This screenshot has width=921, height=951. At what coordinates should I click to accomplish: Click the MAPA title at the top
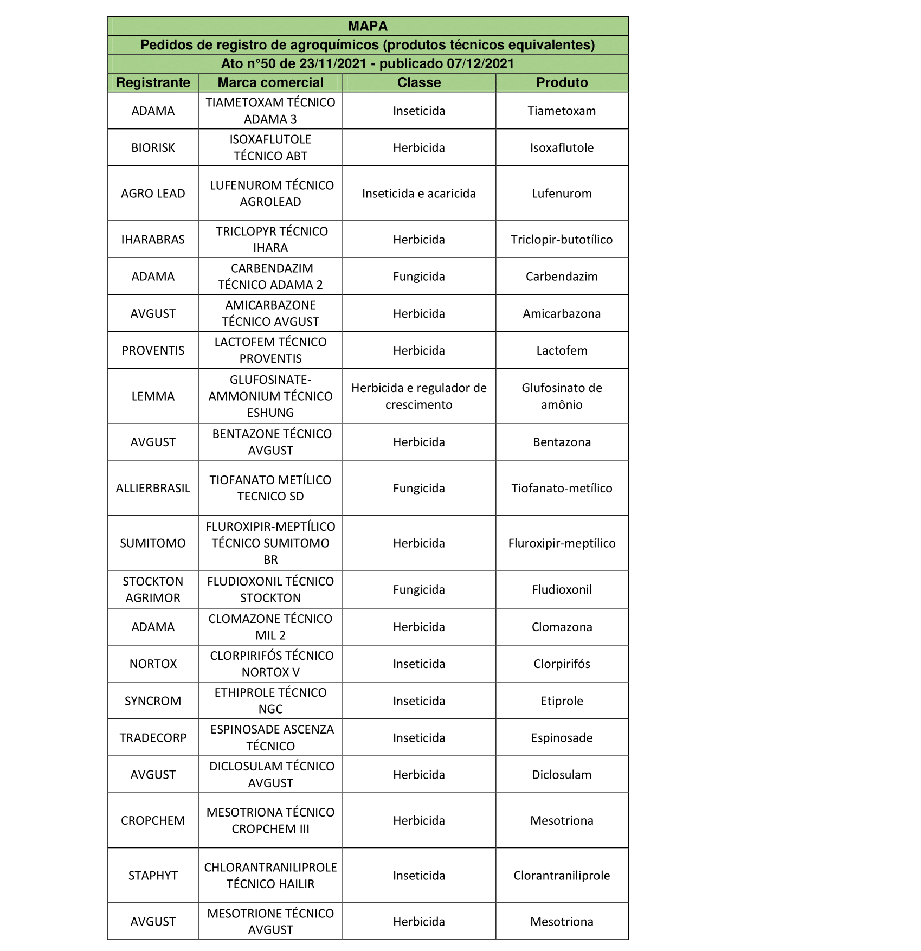click(368, 26)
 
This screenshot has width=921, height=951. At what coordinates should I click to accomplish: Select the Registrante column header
click(153, 82)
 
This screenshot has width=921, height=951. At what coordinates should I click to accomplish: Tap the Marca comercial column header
click(270, 82)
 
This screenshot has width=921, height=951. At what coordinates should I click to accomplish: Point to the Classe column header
click(419, 82)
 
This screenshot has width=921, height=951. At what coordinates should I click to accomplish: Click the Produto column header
click(562, 82)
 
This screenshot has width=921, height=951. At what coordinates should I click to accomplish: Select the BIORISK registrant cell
click(153, 147)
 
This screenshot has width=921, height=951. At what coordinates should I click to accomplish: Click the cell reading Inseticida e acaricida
click(419, 194)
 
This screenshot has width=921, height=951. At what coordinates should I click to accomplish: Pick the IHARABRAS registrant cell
click(153, 240)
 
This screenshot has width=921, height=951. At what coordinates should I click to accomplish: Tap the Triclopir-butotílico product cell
click(562, 240)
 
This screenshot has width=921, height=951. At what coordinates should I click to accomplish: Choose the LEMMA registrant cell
click(153, 396)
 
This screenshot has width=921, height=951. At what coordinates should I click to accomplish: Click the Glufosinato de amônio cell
click(562, 396)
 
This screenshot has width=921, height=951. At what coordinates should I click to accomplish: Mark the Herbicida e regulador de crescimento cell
click(419, 396)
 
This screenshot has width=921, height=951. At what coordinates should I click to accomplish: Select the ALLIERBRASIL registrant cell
click(153, 488)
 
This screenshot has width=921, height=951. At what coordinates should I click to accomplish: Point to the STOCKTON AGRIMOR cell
click(153, 589)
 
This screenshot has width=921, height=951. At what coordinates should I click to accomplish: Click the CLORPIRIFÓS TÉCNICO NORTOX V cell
click(270, 664)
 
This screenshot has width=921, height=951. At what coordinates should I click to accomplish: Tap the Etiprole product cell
click(562, 701)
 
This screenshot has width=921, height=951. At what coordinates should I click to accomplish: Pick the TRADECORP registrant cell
click(153, 738)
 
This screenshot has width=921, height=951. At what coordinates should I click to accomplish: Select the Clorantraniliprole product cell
click(562, 876)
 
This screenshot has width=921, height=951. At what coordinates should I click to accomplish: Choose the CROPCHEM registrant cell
click(153, 820)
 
